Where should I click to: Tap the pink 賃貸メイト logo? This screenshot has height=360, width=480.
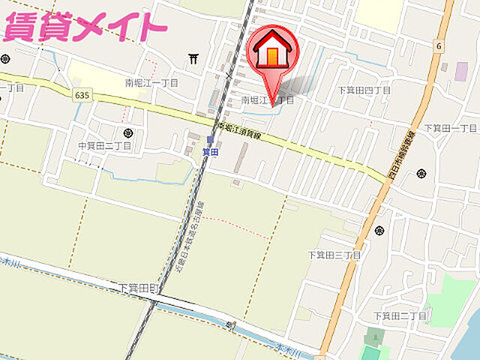pos(84,28)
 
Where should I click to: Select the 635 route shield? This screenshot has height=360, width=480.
pos(83,94)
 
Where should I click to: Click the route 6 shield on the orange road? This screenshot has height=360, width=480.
pos(436,46)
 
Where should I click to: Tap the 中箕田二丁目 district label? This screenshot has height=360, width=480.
pos(104,145)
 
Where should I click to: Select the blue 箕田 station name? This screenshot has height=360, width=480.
pos(211,150)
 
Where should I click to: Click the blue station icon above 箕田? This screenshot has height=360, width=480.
pos(211,139)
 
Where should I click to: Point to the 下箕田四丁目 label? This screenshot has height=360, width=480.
pos(364,90)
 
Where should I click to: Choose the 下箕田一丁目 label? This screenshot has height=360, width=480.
pos(449,127)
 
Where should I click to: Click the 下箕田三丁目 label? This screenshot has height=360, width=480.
pos(334,255)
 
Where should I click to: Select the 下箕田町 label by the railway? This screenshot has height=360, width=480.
pos(139,288)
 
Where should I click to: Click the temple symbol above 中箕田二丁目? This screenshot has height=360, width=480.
pos(128,133)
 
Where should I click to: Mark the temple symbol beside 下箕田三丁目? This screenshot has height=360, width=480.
pos(379,230)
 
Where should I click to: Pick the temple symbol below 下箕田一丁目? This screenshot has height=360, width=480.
pos(421,172)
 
